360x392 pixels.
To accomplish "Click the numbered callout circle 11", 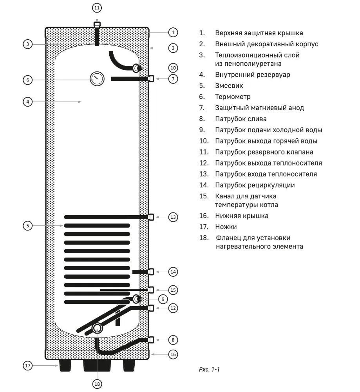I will pos(97,7).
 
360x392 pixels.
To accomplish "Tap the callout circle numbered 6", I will pos(27,80).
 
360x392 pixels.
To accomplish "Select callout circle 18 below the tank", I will pos(97,384).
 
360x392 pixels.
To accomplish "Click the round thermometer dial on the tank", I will pos(96,79).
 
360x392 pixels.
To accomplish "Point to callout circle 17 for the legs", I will pos(27,366).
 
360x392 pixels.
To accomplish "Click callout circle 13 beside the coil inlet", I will pos(173,217).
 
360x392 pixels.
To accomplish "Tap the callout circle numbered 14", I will pos(173,271).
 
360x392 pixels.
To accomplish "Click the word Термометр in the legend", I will pos(233,96).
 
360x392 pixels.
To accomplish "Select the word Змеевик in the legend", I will pos(229,85).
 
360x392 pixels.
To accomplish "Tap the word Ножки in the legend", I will pos(226,227).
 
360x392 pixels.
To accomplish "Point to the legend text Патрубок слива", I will pos(241,119).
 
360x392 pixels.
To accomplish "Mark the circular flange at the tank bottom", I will pos(97,328).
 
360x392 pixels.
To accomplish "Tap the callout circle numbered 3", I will pos(27,44).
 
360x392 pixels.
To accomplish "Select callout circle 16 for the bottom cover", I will pos(173,354).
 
